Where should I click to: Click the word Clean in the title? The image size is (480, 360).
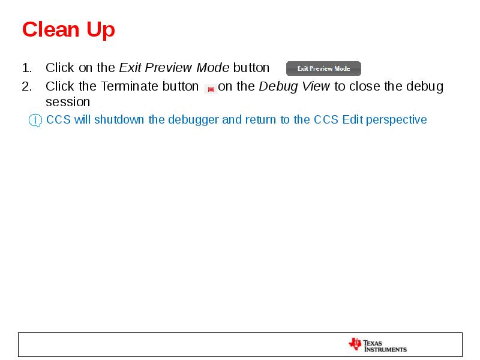pos(50,29)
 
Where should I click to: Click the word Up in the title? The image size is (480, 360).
pos(100,29)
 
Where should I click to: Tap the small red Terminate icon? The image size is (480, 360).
pos(211,89)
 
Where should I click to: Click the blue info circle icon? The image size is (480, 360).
pos(35,121)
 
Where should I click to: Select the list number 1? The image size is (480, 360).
pos(26,68)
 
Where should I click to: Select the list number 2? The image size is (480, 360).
pos(26,86)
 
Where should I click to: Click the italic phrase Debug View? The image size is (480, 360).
pos(294,86)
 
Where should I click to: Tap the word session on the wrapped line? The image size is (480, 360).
pos(67,102)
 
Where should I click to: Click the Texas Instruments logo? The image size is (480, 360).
pos(377,345)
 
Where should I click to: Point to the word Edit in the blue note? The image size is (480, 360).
pos(353,120)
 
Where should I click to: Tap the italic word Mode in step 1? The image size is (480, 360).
pos(213,68)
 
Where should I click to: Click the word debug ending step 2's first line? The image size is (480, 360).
pos(425,86)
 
